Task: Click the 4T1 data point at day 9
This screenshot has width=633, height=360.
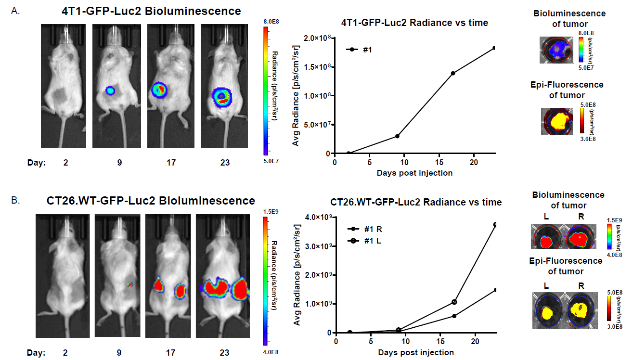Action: click(397, 136)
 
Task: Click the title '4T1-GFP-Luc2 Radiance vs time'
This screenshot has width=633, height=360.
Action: click(414, 23)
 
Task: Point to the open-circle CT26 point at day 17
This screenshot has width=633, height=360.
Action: click(454, 302)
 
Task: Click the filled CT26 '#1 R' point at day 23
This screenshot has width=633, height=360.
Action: click(495, 290)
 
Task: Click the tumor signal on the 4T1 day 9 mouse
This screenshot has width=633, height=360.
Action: click(110, 90)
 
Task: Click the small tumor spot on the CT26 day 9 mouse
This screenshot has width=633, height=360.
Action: click(129, 285)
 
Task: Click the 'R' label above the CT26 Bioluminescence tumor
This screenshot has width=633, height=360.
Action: click(581, 217)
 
